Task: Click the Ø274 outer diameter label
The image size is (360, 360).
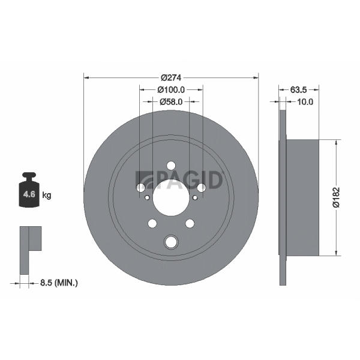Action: pos(171,78)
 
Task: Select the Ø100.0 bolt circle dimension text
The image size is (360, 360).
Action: pos(171,90)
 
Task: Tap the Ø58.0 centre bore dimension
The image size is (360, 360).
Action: pos(171,102)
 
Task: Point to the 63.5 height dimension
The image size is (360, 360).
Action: pos(298,90)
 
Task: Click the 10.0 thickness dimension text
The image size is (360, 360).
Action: pos(305,102)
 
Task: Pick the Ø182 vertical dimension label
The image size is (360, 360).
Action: pos(337,197)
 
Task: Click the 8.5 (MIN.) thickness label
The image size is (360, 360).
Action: pos(59,283)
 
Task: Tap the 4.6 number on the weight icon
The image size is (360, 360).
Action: pos(29,194)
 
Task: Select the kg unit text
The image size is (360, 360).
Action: pos(47,196)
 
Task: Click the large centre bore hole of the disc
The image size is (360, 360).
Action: pos(171,198)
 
